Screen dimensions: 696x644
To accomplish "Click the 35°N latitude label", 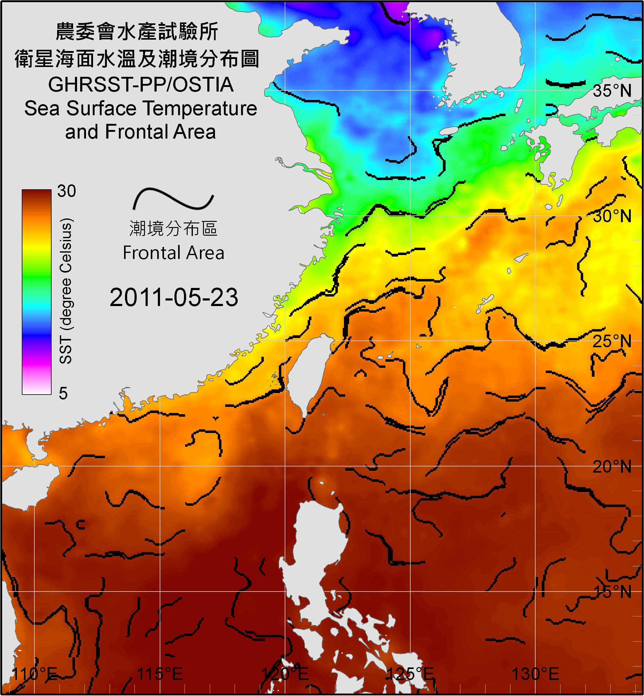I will [612, 91].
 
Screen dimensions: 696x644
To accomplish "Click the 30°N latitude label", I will [612, 216].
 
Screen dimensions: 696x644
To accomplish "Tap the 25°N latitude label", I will [612, 341].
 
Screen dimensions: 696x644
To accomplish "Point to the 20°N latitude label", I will [612, 466].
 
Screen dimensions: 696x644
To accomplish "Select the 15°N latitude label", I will [612, 592].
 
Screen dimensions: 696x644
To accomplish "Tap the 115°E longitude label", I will [160, 674].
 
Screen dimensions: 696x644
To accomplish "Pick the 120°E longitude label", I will [285, 674].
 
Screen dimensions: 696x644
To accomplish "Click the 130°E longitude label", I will [535, 674].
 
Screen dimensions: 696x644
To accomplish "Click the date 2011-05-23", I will [174, 297].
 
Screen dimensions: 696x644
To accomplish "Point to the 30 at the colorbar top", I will [66, 191].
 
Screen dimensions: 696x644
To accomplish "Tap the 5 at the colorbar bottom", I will [63, 393].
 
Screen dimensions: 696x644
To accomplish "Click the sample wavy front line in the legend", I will [173, 199].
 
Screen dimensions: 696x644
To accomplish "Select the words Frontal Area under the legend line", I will [173, 253].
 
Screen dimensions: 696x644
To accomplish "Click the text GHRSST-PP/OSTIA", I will [141, 85].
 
